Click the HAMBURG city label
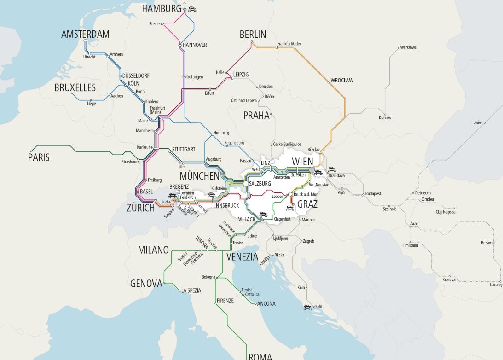coord(162,9)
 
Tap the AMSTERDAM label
coord(85,35)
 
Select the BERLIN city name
coord(253,35)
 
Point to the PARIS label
coord(39,158)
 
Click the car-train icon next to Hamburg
coord(192,8)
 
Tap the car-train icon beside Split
coord(307,307)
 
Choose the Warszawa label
coord(408,47)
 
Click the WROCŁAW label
coord(341,81)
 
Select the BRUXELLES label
coord(75,87)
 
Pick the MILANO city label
coord(153,250)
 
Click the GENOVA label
coord(146,283)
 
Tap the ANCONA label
coord(266,303)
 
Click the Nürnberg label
coord(220,133)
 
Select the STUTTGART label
coord(184,150)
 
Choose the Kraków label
coord(385,118)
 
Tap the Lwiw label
coord(477,122)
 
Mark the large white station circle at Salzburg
coord(246,183)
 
